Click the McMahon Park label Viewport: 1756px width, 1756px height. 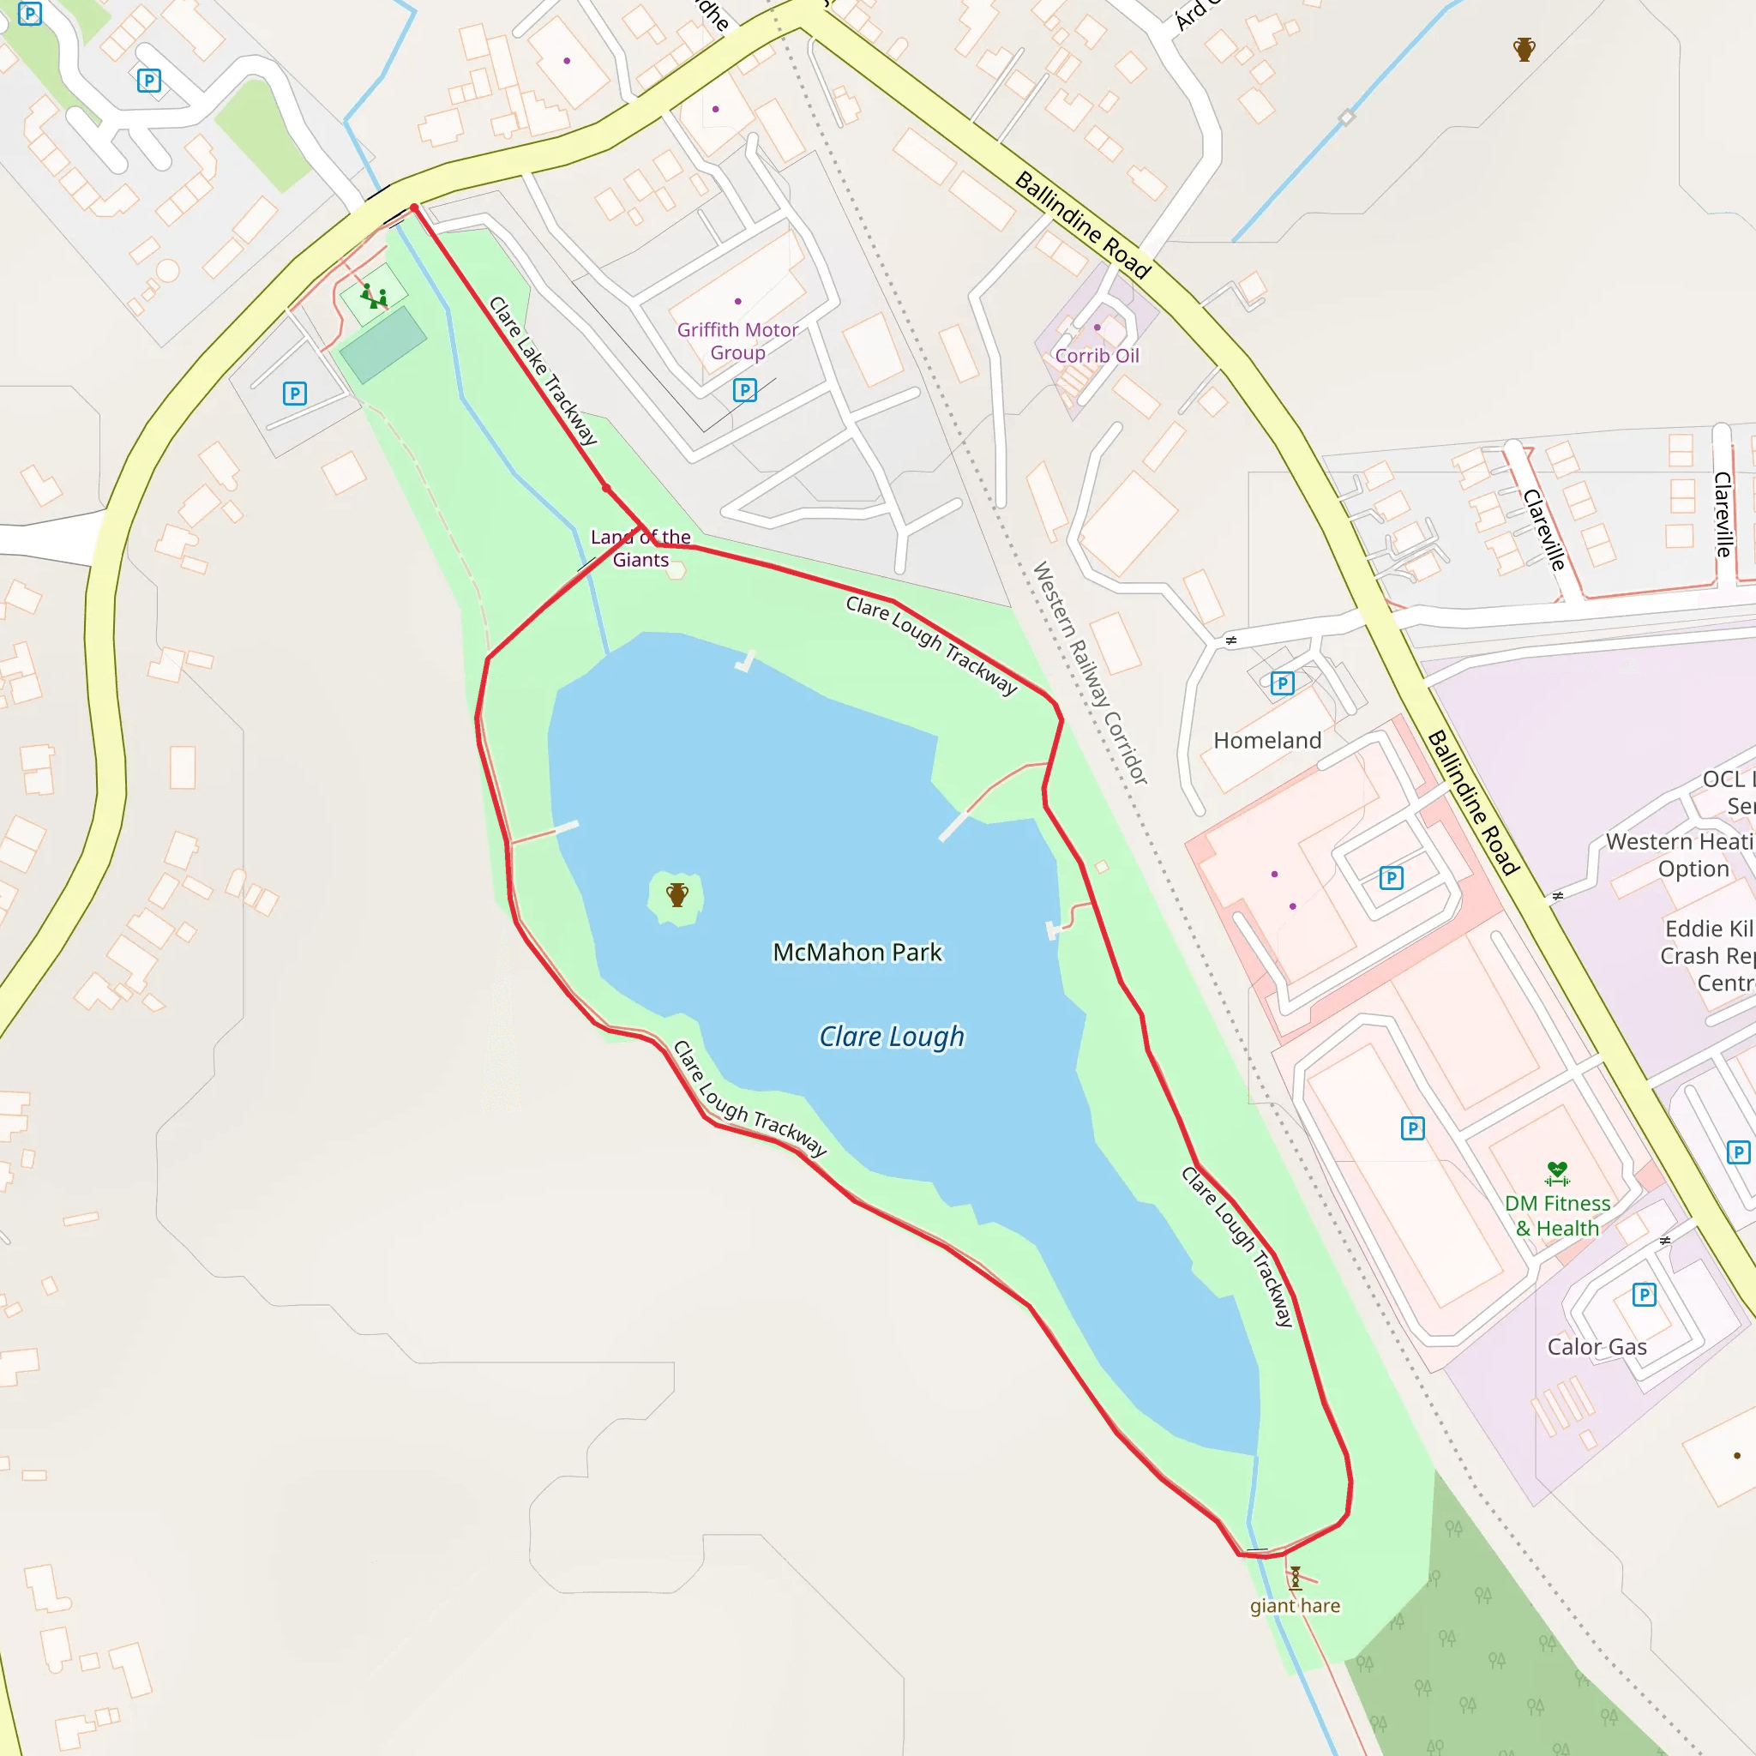click(857, 952)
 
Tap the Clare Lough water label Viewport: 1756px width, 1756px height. click(891, 1036)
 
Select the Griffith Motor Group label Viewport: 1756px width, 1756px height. click(737, 341)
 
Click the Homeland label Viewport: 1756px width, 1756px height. click(1267, 740)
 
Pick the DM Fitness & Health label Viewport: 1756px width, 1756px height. click(1557, 1215)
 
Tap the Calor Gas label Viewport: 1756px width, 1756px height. click(1597, 1347)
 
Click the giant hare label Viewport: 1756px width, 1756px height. click(1294, 1606)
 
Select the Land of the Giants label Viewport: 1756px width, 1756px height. click(640, 548)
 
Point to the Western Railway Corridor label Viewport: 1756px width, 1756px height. click(1091, 672)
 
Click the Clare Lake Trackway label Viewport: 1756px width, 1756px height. click(544, 370)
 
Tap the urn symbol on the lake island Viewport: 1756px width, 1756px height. click(677, 895)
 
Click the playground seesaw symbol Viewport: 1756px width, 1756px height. click(374, 297)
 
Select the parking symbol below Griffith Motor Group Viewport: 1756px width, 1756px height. click(744, 391)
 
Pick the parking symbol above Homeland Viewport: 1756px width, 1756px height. click(1282, 683)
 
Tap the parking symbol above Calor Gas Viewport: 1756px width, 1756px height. click(1644, 1294)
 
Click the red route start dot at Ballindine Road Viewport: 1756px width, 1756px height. click(414, 209)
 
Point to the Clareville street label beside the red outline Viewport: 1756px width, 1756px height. click(1543, 530)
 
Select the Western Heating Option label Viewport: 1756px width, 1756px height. click(1678, 854)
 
